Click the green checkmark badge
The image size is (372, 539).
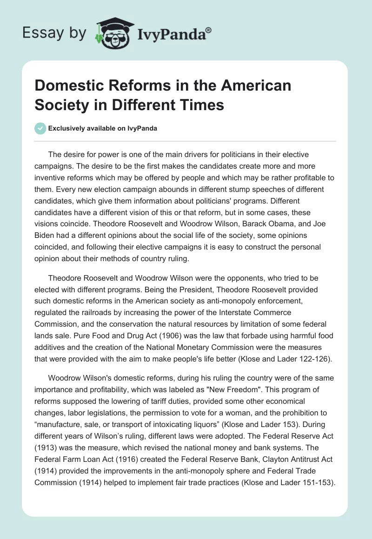click(x=41, y=128)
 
